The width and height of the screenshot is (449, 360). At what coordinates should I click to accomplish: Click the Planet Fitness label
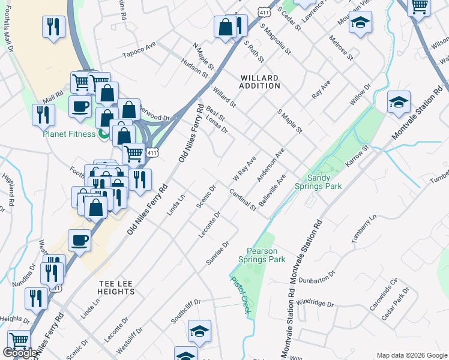68,133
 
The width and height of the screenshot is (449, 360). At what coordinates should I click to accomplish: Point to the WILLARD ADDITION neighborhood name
261,82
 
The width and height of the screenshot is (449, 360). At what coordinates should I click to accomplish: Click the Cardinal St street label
243,200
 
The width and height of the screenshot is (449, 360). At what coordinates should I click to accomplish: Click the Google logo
20,353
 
